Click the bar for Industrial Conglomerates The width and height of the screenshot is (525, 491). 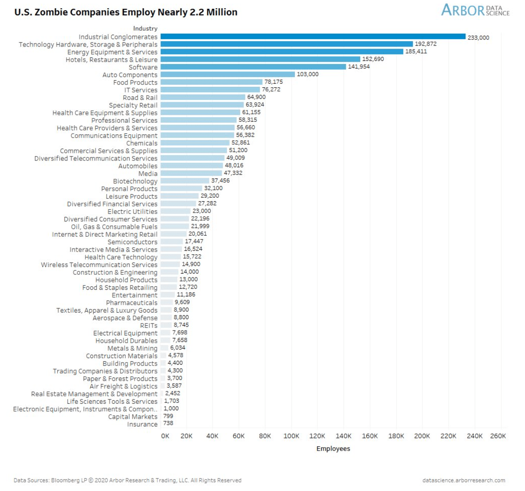pyautogui.click(x=313, y=37)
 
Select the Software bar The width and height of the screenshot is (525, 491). pyautogui.click(x=253, y=67)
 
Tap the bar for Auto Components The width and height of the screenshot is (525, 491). pyautogui.click(x=227, y=75)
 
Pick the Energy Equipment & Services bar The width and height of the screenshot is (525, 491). pyautogui.click(x=282, y=52)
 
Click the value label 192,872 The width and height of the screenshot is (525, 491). pyautogui.click(x=426, y=44)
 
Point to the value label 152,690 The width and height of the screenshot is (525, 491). pyautogui.click(x=372, y=59)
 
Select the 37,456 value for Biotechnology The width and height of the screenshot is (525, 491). pyautogui.click(x=220, y=181)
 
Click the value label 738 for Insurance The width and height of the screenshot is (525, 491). pyautogui.click(x=168, y=423)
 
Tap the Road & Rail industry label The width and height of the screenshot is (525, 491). pyautogui.click(x=140, y=97)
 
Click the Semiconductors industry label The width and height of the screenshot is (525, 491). pyautogui.click(x=132, y=242)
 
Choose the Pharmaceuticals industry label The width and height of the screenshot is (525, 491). pyautogui.click(x=131, y=302)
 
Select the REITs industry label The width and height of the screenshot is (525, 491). pyautogui.click(x=149, y=325)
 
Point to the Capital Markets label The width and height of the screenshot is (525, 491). pyautogui.click(x=133, y=416)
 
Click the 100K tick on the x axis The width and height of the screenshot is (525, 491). pyautogui.click(x=291, y=436)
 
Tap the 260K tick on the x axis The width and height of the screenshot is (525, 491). pyautogui.click(x=498, y=436)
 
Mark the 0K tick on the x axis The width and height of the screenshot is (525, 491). pyautogui.click(x=165, y=436)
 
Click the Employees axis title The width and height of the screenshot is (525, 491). pyautogui.click(x=333, y=448)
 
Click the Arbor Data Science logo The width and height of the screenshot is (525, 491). pyautogui.click(x=475, y=10)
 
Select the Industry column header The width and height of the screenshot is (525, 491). pyautogui.click(x=145, y=28)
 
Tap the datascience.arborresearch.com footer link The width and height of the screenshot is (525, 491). pyautogui.click(x=464, y=480)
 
